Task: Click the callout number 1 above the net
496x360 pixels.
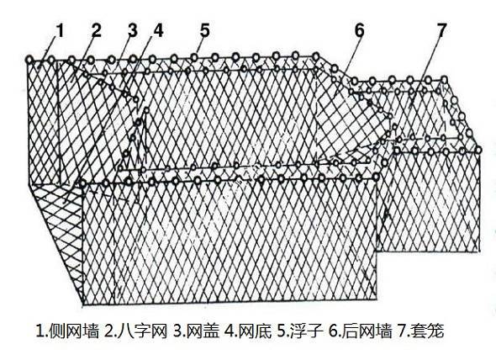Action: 60,31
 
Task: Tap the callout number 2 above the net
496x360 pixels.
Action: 97,31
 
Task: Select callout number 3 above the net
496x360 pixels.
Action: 132,31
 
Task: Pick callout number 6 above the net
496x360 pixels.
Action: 359,31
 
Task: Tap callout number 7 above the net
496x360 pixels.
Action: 442,31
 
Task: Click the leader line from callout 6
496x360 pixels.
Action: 351,59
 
